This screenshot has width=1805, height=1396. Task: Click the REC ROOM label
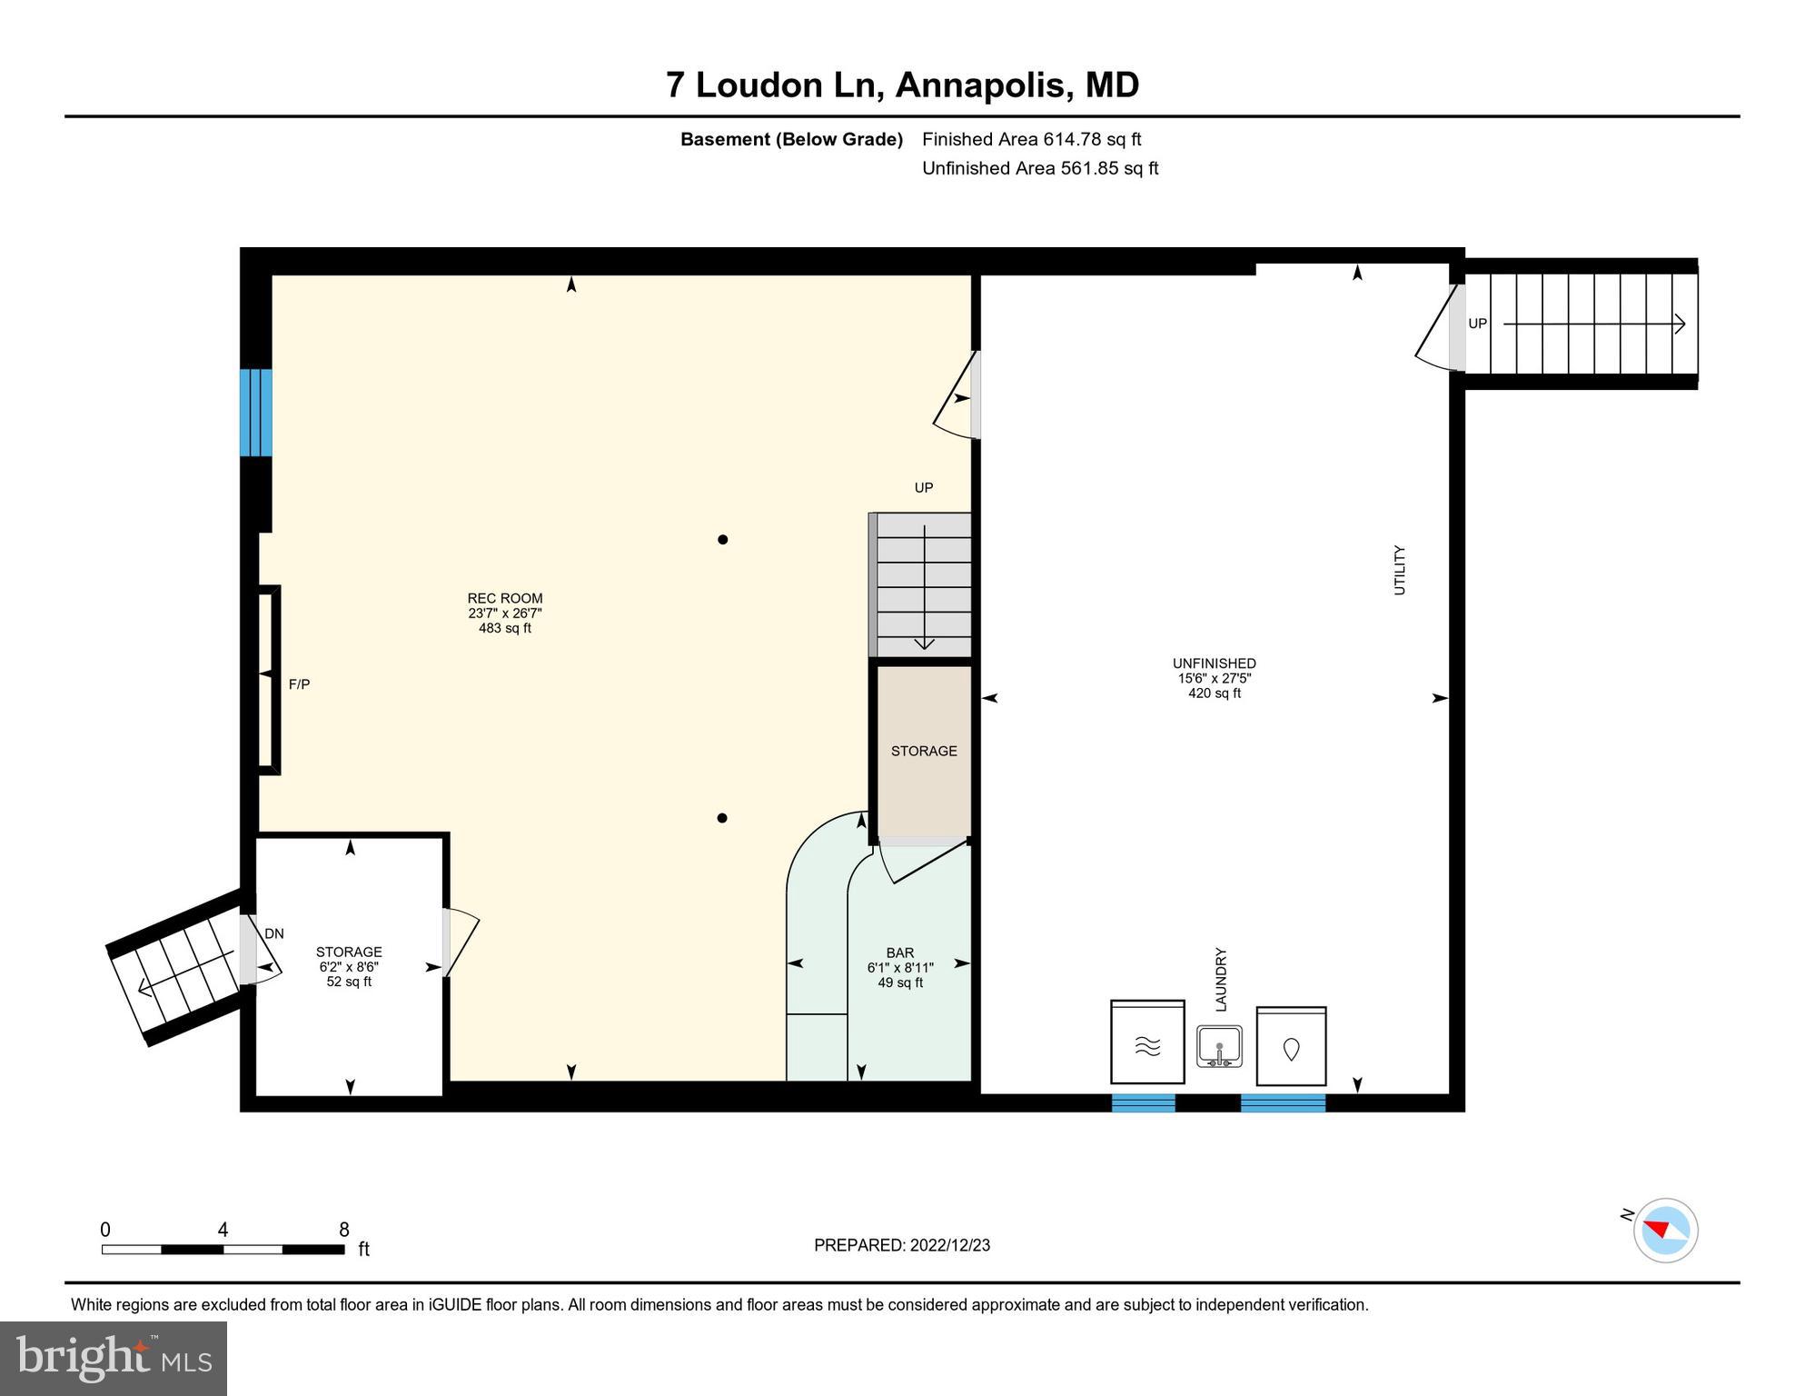coord(505,598)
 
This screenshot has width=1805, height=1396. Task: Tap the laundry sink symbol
coord(1219,1046)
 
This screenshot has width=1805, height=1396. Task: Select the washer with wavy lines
coord(1147,1043)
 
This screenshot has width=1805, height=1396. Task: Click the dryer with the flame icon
coord(1291,1047)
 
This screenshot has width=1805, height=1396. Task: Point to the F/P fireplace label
coord(299,684)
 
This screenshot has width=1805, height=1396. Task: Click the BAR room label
coord(899,952)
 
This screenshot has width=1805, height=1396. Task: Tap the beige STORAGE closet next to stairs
coord(923,751)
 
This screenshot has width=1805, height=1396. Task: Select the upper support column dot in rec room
coord(723,540)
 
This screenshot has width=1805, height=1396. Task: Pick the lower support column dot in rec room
coord(722,818)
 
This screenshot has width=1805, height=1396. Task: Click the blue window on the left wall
coord(255,413)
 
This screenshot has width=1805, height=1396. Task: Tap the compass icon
coord(1665,1231)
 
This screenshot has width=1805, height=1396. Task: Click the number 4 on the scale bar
coord(223,1230)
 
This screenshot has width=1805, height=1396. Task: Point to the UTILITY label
coord(1399,570)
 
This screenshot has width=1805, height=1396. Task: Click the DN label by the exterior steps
coord(273,933)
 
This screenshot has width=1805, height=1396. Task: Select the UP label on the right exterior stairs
coord(1478,324)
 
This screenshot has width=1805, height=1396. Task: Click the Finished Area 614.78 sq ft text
coord(1031,139)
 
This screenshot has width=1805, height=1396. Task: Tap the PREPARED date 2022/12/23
coord(901,1245)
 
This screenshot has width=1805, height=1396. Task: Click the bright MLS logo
coord(114,1359)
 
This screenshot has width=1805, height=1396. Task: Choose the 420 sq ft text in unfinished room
coord(1214,693)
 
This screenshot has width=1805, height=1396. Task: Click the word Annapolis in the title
coord(979,85)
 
